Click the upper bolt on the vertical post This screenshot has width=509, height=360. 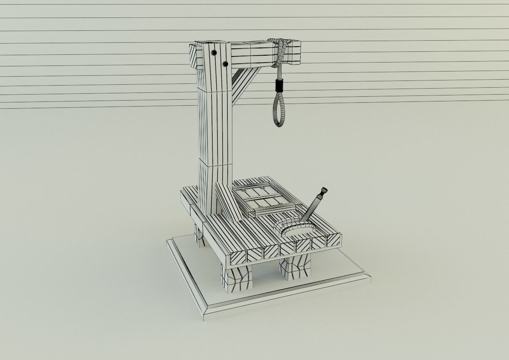(x=213, y=53)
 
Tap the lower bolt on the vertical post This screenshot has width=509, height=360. (x=225, y=64)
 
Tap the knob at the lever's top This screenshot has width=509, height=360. (x=324, y=190)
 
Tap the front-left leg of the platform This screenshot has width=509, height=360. (x=236, y=278)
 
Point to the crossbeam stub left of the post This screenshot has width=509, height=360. (x=194, y=56)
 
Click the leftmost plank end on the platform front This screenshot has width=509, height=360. (x=239, y=257)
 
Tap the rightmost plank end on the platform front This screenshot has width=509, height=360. (x=334, y=241)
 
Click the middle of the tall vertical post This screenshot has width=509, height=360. (x=214, y=128)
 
